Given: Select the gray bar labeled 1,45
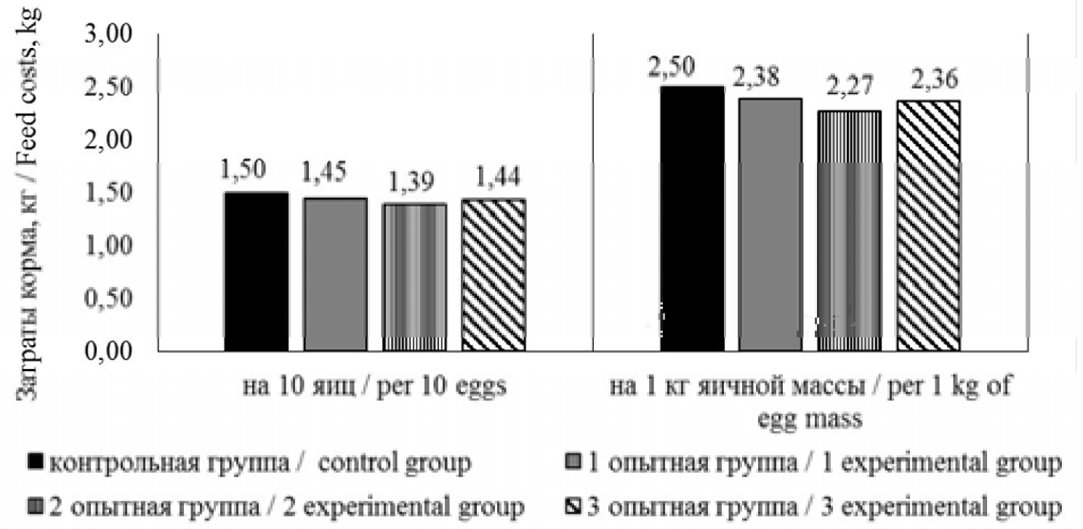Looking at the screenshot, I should [335, 274].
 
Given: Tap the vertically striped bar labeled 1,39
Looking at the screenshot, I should [414, 277].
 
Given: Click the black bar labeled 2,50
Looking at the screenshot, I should [692, 218].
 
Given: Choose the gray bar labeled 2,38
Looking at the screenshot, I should [770, 225].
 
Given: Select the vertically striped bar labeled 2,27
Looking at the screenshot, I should [849, 231].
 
